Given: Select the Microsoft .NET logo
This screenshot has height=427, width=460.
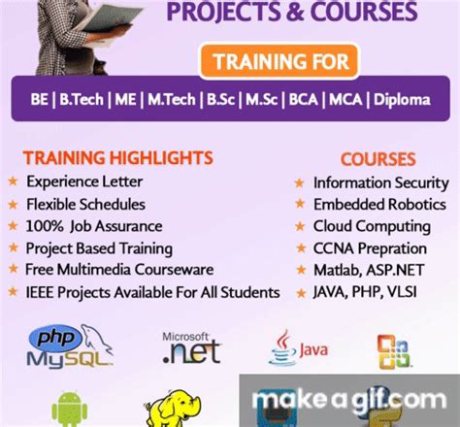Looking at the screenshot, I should click(190, 347).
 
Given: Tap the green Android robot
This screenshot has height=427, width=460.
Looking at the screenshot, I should click(69, 408).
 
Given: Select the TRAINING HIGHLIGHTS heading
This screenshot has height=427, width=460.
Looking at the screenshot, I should click(117, 157).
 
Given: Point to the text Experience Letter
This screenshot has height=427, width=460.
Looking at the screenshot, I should click(84, 181).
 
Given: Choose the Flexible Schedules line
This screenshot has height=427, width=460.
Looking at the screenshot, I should click(85, 205).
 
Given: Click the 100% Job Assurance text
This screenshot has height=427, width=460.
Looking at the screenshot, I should click(92, 226).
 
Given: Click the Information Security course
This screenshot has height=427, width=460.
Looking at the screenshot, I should click(380, 182).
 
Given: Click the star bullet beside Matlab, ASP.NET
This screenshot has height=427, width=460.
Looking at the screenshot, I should click(299, 268).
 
